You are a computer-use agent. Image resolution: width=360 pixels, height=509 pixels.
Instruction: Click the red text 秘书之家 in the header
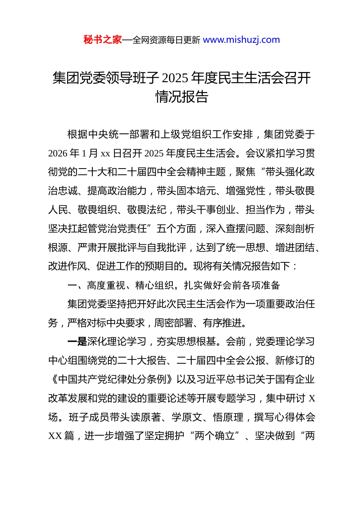coord(103,40)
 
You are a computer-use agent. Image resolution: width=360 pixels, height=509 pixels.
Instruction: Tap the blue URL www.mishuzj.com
coord(241,40)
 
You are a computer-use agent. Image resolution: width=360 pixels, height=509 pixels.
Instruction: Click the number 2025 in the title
coord(175,78)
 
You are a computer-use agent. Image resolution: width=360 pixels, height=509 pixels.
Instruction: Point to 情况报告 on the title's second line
coord(182,97)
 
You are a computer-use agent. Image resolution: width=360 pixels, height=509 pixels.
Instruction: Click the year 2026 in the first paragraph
coord(58,153)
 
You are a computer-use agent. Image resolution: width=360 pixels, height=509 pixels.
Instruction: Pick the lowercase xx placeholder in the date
coord(105,154)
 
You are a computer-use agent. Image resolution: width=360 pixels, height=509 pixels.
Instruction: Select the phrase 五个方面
coord(177,229)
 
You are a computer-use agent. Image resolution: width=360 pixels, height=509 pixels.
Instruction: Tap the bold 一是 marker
coord(77,342)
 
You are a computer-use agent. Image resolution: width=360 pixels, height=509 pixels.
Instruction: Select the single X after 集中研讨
coord(312,398)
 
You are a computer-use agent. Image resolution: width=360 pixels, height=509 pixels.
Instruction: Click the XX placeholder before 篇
coord(55,436)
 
